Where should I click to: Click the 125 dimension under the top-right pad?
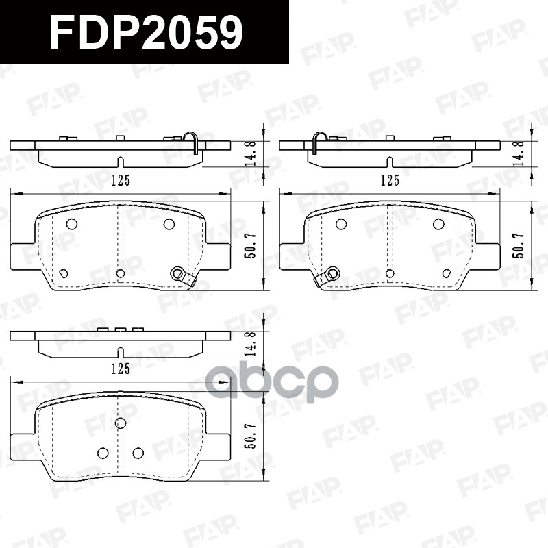point(390,180)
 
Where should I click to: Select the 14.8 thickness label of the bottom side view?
point(252,342)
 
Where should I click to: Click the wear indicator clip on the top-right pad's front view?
point(328,275)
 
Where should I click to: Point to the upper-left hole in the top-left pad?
point(71,224)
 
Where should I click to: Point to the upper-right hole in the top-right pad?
point(438,224)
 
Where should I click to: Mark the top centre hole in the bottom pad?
point(121,423)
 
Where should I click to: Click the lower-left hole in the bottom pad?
point(103,452)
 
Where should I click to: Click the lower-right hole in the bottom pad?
point(137,452)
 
